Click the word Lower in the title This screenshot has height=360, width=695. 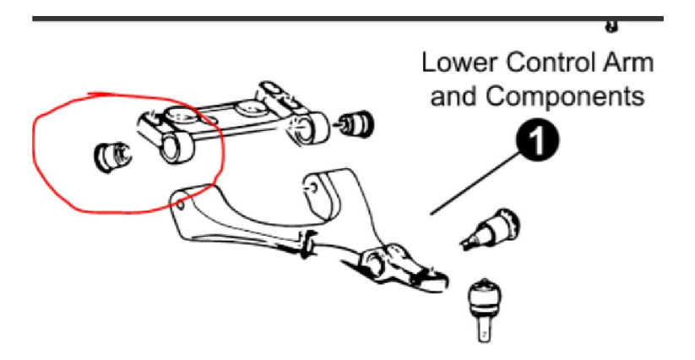pos(459,63)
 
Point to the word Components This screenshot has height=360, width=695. pos(564,95)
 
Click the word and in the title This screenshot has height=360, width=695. pos(453,95)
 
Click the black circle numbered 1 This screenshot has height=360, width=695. pos(537,140)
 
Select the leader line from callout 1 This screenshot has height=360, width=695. pos(475,183)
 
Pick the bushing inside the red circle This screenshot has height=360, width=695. pos(113,156)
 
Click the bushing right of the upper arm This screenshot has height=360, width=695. pos(355,123)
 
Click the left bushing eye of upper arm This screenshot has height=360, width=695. pos(176,149)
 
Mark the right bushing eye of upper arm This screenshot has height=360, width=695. pos(307,128)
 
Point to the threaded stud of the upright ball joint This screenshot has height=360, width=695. pos(485,329)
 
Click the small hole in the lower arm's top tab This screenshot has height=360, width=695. pos(312,188)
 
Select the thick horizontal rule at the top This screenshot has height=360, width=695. pos(348,19)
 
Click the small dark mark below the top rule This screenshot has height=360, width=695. pos(611,26)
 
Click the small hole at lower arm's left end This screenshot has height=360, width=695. pos(180,205)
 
